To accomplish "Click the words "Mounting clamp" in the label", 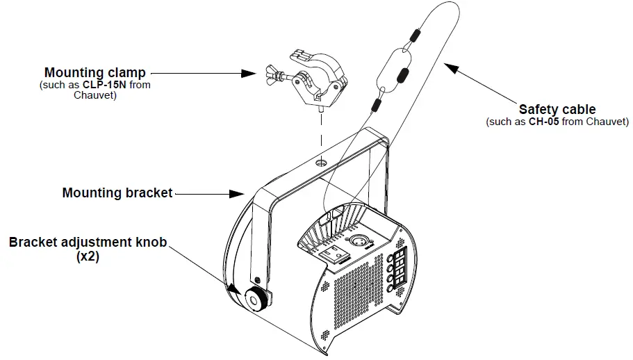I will (x=95, y=72).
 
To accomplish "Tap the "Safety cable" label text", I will (x=557, y=110).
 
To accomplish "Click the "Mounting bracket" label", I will (x=117, y=193).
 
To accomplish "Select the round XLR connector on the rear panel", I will (x=362, y=241).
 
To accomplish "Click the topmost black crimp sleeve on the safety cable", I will (x=416, y=35).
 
